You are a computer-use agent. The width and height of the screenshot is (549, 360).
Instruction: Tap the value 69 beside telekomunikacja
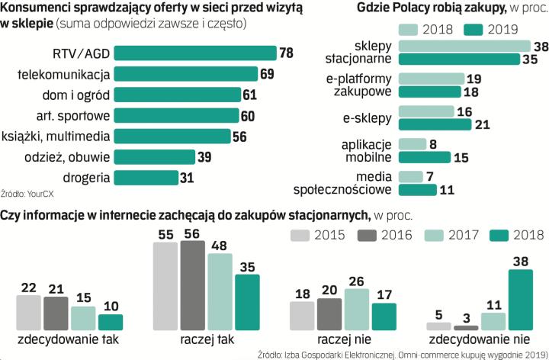click(267, 74)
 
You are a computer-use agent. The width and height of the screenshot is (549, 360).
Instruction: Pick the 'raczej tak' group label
click(207, 339)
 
